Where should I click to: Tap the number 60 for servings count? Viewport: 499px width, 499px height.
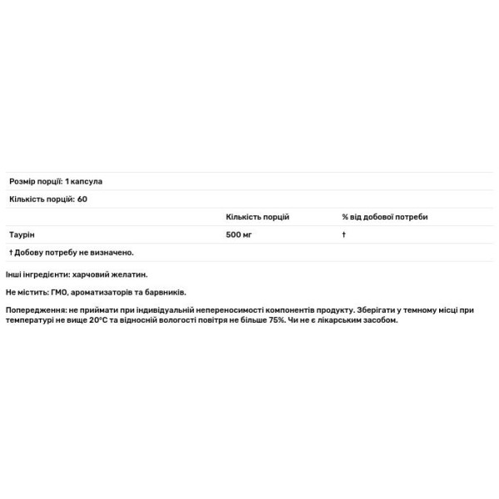point(82,199)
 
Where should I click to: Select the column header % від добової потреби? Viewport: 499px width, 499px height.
point(385,216)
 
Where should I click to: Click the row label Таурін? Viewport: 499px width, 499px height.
point(21,235)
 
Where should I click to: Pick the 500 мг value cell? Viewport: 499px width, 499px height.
point(239,235)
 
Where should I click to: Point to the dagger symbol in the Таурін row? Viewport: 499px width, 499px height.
point(343,235)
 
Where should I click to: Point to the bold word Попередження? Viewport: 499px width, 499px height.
point(37,310)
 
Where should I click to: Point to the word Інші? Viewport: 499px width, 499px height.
point(15,274)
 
